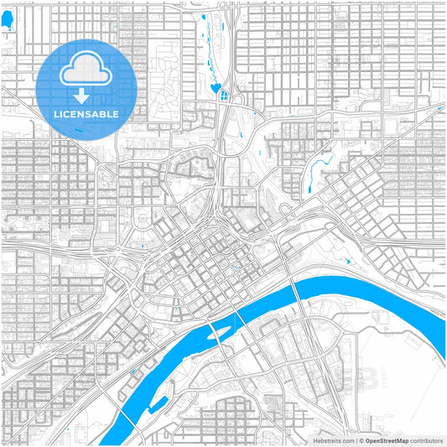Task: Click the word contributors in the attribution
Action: click(427, 439)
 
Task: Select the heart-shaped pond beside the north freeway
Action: click(216, 86)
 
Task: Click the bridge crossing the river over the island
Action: click(220, 334)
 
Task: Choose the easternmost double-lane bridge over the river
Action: click(298, 294)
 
